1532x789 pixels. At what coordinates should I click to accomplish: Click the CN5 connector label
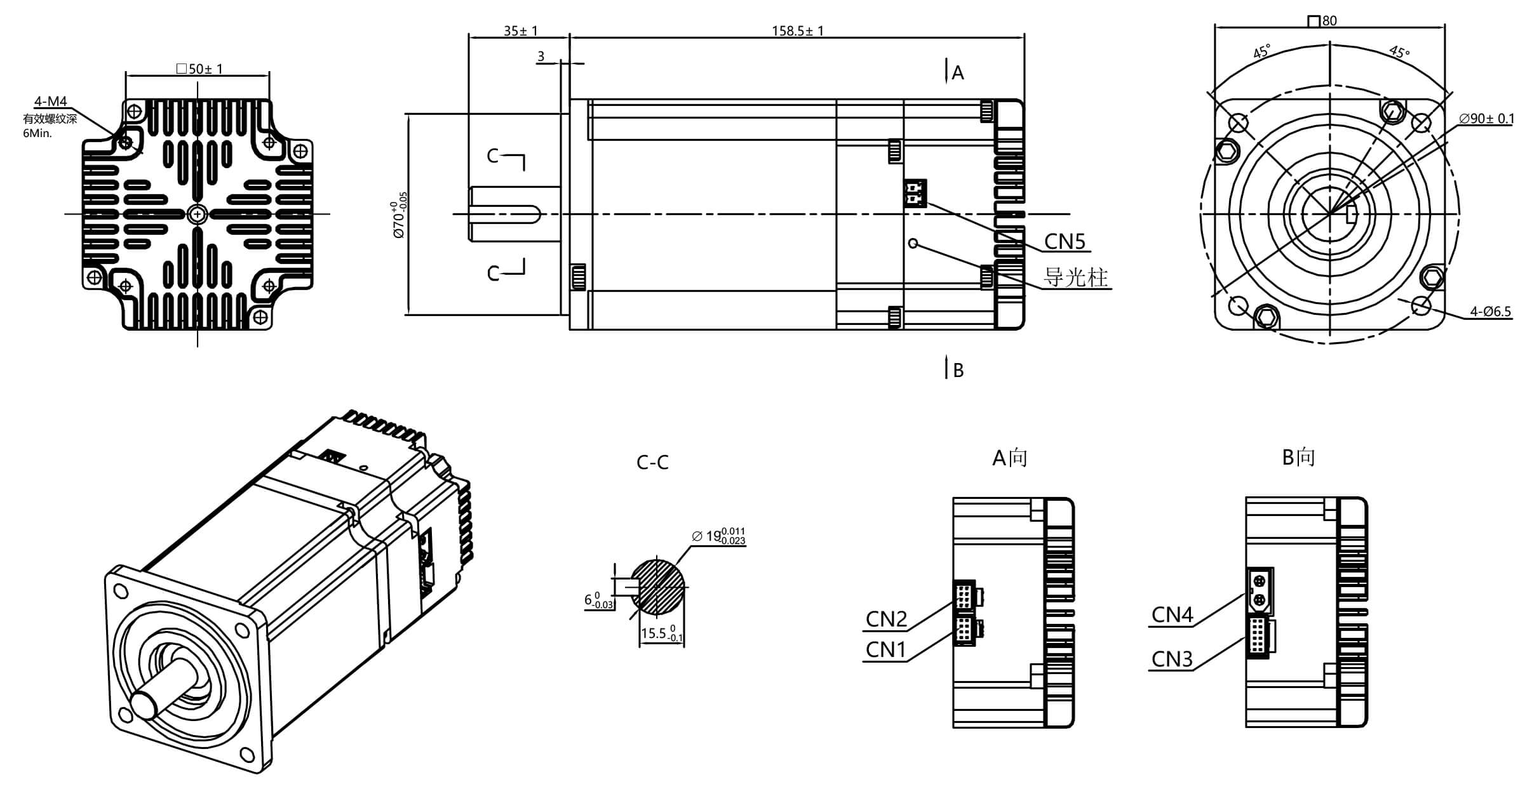pyautogui.click(x=1065, y=242)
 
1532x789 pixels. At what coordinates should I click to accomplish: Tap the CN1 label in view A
pyautogui.click(x=886, y=649)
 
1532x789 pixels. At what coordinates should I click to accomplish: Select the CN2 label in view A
pyautogui.click(x=886, y=619)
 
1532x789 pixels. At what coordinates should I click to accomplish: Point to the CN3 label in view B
pyautogui.click(x=1172, y=660)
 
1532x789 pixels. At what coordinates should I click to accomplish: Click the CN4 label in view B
pyautogui.click(x=1172, y=614)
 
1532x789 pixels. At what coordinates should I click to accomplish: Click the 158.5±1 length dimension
pyautogui.click(x=797, y=30)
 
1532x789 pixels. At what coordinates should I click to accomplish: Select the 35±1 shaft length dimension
pyautogui.click(x=520, y=30)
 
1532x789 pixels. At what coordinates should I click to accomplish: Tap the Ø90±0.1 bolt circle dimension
pyautogui.click(x=1486, y=119)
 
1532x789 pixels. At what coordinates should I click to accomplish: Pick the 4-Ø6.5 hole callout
pyautogui.click(x=1490, y=312)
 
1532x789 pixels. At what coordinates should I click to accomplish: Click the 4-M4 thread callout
pyautogui.click(x=50, y=102)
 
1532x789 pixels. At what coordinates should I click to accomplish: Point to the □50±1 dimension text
pyautogui.click(x=199, y=69)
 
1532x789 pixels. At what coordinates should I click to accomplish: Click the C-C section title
pyautogui.click(x=652, y=463)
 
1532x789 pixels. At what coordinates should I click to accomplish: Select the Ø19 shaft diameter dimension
pyautogui.click(x=718, y=536)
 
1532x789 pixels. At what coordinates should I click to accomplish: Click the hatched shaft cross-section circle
pyautogui.click(x=662, y=587)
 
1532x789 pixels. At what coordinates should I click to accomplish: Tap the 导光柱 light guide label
pyautogui.click(x=1076, y=277)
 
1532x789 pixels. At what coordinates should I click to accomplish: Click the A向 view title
pyautogui.click(x=1009, y=458)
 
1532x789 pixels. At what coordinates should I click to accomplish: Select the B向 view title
pyautogui.click(x=1298, y=457)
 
